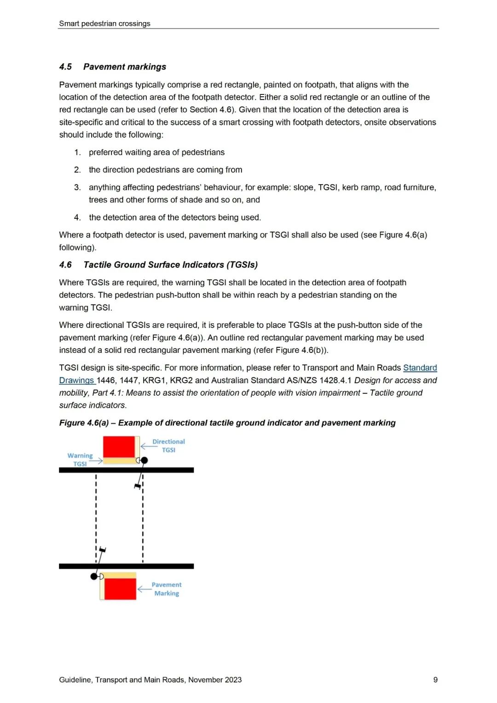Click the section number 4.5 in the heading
pos(65,67)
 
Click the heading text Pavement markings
pos(125,67)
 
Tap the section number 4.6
pos(65,265)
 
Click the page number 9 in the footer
pos(435,680)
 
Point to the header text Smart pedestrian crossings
pos(104,23)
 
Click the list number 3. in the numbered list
pos(77,187)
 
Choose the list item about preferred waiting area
pos(156,152)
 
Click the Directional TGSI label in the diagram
pos(168,445)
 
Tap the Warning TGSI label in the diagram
pos(80,459)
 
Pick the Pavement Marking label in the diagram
pos(167,589)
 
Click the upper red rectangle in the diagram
pos(119,447)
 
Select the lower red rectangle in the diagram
pos(120,589)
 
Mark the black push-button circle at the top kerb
pos(144,460)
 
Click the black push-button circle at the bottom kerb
pos(94,576)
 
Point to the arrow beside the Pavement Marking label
pos(144,589)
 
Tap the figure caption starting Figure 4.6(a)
pos(227,423)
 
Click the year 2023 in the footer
pos(233,680)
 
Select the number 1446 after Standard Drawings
pos(106,381)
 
